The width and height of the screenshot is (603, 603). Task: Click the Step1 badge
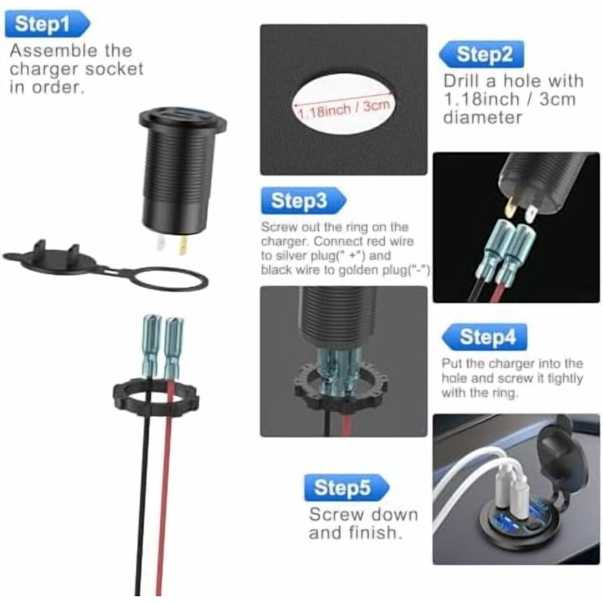point(47,24)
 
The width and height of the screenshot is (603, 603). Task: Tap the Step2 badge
point(481,54)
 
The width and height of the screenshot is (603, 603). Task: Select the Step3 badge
point(303,200)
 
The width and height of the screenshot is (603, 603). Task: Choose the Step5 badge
point(347,488)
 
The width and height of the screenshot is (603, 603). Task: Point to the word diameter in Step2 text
point(482,118)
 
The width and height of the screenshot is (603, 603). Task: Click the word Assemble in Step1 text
point(54,51)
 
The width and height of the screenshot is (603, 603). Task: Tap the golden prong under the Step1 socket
point(183,246)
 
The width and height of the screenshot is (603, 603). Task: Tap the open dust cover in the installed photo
point(557,457)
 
